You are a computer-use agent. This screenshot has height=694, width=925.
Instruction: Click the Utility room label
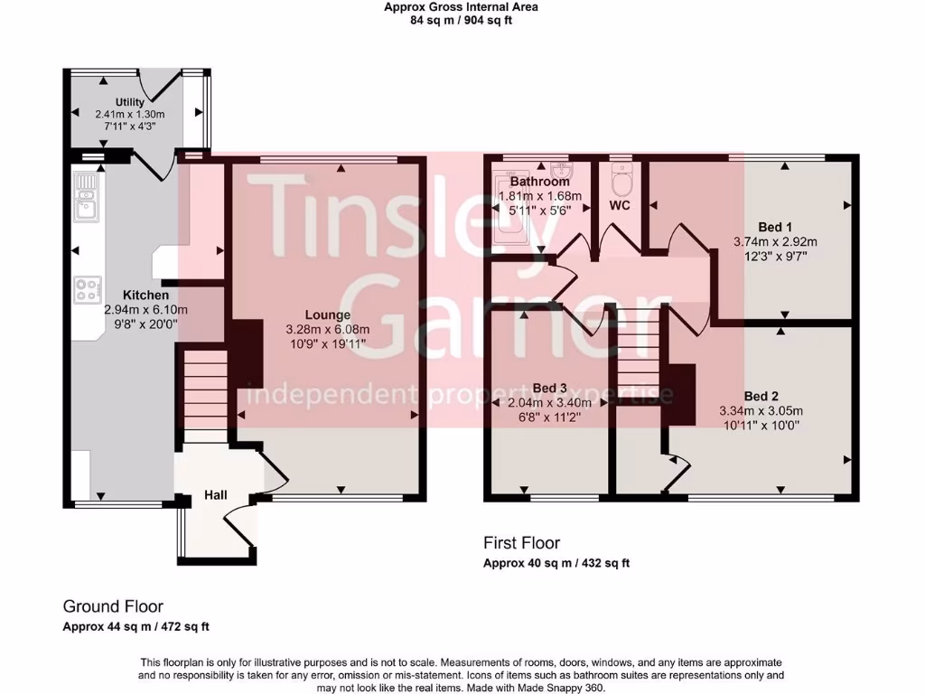pos(130,102)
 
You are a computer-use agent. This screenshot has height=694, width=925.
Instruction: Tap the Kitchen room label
pos(145,295)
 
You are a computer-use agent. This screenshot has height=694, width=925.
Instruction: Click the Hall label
pos(215,494)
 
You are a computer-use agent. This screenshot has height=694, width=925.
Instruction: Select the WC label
pos(620,206)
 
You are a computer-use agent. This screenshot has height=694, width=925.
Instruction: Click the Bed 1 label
pos(775,227)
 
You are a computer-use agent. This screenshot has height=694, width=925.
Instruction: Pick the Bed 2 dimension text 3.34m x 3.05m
pos(761,411)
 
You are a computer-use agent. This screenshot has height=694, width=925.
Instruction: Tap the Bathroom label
pos(539,182)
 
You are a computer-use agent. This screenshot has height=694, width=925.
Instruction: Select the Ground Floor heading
pos(113,606)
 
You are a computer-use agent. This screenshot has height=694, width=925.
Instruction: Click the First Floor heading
pos(521,543)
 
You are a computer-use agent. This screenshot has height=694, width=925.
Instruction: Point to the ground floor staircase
pos(206,389)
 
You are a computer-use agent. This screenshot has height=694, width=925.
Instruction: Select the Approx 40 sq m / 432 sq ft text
pos(556,563)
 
